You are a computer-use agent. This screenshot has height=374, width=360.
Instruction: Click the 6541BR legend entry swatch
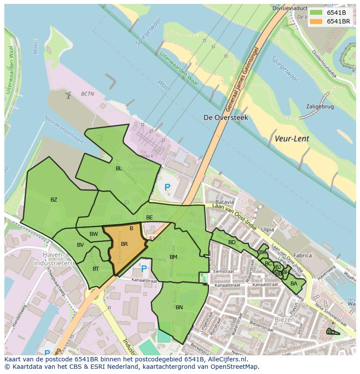pos(316,21)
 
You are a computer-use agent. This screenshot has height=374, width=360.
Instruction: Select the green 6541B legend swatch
pos(316,13)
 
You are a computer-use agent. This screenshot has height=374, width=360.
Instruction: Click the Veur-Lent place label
pos(291,139)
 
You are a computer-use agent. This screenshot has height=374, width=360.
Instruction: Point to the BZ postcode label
pos(53,200)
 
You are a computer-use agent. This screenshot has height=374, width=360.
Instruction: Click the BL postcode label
pos(119,168)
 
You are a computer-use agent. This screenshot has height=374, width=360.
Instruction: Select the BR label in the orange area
pos(124,244)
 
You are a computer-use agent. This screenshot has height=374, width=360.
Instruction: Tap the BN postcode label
pos(179,307)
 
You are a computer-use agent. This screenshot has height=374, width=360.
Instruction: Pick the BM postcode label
pos(173,257)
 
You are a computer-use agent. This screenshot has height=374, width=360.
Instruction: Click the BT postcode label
pos(96,269)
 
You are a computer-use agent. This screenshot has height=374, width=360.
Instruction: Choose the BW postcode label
pos(93,234)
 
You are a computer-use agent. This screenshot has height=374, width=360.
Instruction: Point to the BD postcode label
pos(232,242)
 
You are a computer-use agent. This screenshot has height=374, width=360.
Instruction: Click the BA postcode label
pos(294,284)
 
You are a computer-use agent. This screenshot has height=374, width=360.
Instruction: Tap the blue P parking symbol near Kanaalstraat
pos(144,269)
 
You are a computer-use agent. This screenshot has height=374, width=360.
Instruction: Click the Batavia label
pos(224,202)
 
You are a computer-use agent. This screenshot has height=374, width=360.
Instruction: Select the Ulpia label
pos(268,229)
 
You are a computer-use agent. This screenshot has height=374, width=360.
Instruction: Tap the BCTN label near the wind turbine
pos(87,93)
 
